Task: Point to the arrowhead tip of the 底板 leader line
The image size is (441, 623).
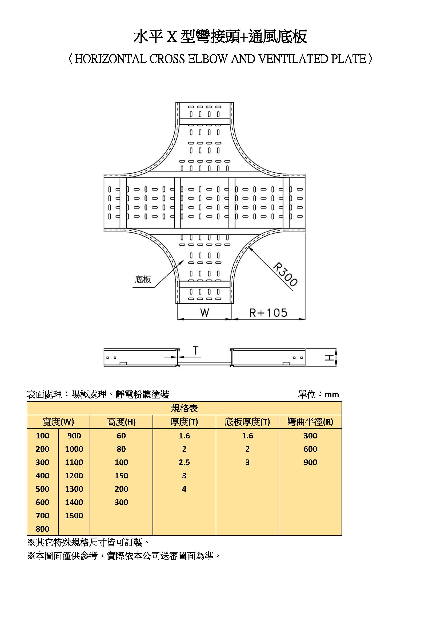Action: [185, 260]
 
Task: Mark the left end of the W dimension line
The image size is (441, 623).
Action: [177, 319]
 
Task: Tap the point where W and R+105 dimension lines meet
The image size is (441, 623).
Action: [232, 319]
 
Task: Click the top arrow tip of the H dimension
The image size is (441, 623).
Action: [336, 349]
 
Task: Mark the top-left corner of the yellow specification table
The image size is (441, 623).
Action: [27, 401]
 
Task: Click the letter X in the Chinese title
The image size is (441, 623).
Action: [172, 37]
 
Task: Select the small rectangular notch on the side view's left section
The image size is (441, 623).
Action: [123, 363]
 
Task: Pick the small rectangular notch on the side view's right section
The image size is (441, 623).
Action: [286, 363]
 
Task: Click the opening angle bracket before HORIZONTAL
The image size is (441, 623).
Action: [71, 59]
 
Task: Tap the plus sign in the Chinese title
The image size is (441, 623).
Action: [244, 38]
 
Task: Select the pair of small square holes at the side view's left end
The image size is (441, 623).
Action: [111, 358]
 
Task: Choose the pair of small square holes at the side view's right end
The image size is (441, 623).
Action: [298, 358]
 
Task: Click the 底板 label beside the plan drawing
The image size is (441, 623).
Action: [143, 279]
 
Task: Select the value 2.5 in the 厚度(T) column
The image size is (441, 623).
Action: [184, 462]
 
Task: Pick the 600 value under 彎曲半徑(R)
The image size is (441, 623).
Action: [310, 449]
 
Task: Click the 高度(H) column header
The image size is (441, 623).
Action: [121, 422]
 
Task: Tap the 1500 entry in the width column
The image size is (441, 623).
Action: [74, 516]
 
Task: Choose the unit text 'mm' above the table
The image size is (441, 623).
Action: [332, 395]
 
